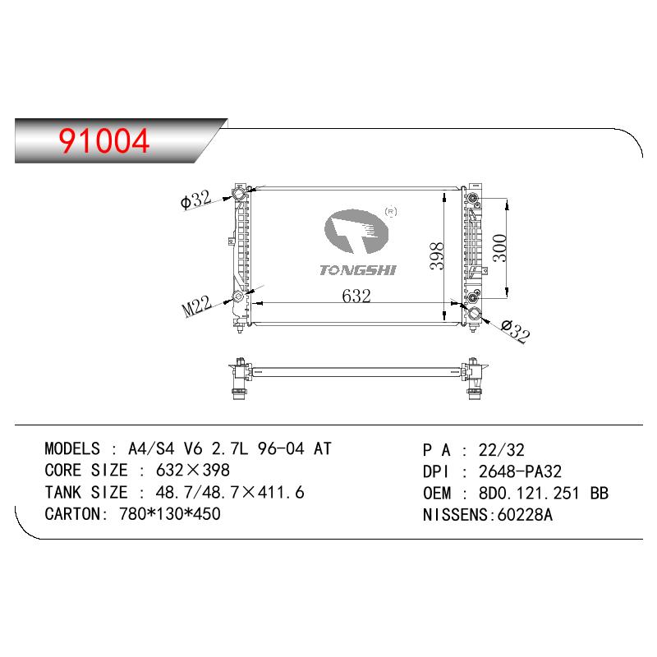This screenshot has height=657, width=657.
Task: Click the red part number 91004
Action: (x=104, y=140)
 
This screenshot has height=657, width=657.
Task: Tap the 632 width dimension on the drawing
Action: (x=356, y=296)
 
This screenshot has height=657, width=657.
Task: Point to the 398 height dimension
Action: (x=437, y=256)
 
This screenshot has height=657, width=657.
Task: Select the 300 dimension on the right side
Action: (x=500, y=248)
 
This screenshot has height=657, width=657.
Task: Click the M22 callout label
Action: (x=197, y=306)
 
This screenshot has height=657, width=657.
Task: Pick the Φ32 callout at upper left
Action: (x=195, y=200)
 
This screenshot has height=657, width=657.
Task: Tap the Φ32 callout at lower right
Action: (x=516, y=331)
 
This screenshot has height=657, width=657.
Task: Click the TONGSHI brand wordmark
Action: (x=357, y=270)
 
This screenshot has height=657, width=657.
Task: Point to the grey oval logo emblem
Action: (x=356, y=232)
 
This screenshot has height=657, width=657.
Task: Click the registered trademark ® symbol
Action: (x=391, y=212)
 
